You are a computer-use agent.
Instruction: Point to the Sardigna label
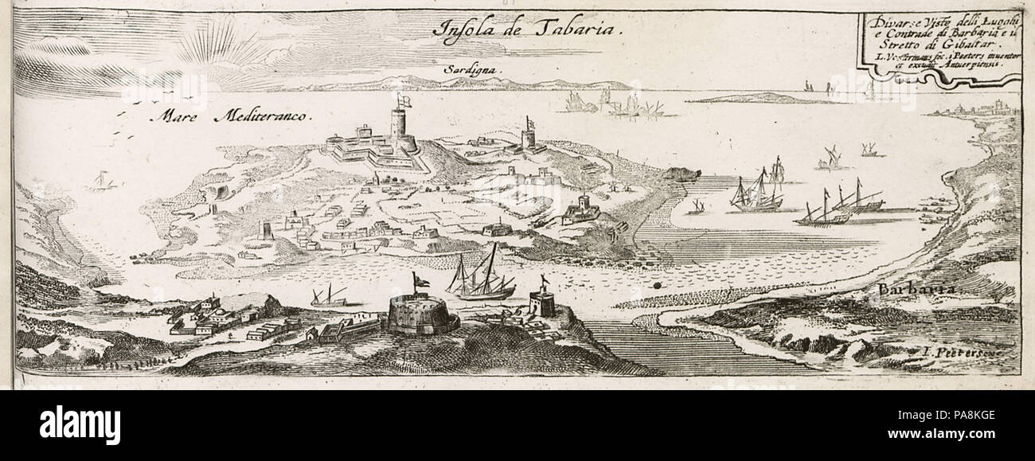(x=475, y=70)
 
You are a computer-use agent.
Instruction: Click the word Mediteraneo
(x=262, y=118)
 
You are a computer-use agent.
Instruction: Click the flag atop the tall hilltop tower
(x=404, y=100)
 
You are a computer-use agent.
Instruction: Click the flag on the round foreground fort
(x=419, y=279)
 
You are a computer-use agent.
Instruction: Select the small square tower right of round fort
(x=542, y=303)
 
